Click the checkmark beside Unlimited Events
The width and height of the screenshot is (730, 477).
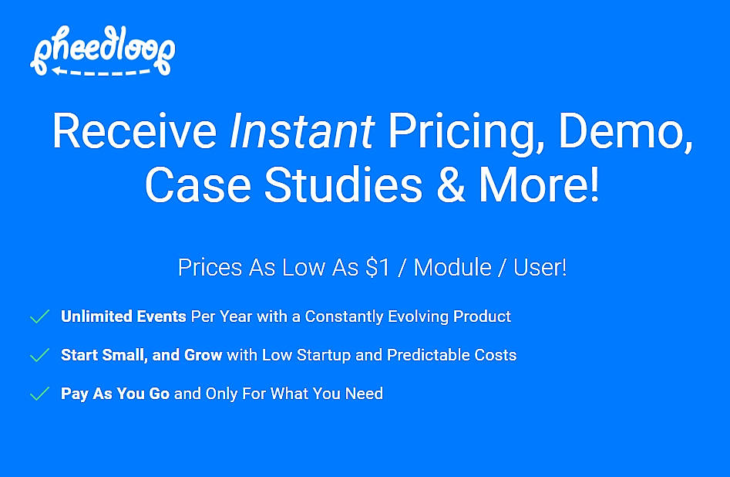click(x=39, y=316)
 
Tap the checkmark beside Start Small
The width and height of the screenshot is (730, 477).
click(x=39, y=355)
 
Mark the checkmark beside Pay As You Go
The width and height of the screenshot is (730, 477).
click(x=39, y=394)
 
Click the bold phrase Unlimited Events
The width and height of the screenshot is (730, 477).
click(x=123, y=316)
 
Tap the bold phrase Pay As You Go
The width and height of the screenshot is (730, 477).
click(x=115, y=394)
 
